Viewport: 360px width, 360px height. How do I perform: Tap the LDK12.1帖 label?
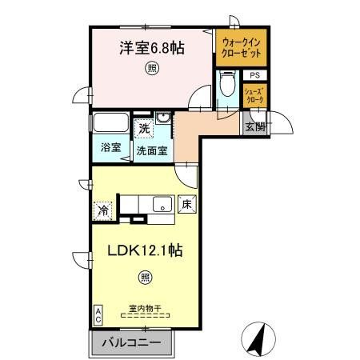[146, 250]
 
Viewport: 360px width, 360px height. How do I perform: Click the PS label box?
[254, 76]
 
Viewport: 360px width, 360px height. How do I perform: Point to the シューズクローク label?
[254, 95]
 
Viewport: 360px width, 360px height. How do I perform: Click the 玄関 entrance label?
[255, 125]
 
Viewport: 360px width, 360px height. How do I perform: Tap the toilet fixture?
[226, 85]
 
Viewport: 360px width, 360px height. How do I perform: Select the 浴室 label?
[110, 148]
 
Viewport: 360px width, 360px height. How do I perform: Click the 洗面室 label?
[150, 149]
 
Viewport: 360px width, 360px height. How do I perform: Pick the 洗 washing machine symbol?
[143, 127]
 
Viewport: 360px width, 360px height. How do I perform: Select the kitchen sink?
[162, 204]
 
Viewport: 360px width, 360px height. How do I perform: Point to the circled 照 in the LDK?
[146, 278]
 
